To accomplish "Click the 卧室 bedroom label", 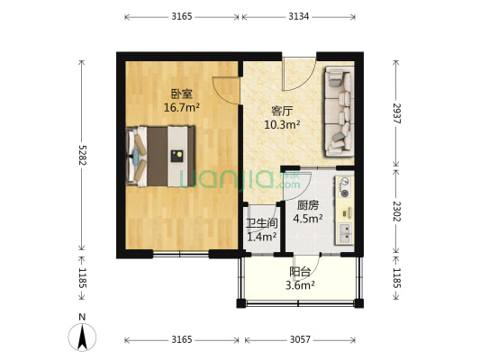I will tap(181, 93).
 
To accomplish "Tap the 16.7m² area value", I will tap(181, 107).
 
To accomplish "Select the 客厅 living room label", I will tap(282, 111).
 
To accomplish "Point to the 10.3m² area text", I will tap(282, 125).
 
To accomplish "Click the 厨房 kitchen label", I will tap(307, 204).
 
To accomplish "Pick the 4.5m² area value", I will tap(307, 218).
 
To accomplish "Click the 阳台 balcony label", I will tap(300, 271).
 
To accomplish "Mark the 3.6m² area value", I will tap(300, 285).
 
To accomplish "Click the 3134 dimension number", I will tap(300, 16).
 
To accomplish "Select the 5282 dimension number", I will tap(82, 157).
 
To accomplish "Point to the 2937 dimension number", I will tap(397, 113).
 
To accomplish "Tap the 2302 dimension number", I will tap(397, 211).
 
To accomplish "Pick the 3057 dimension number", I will tap(300, 339).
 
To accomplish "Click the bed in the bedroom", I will tap(162, 156).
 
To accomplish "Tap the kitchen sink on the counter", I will tap(344, 232).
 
